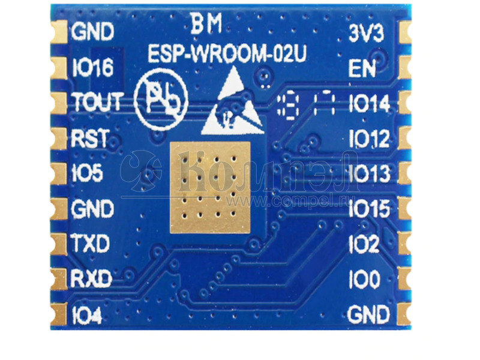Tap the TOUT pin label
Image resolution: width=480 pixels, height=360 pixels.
(x=98, y=103)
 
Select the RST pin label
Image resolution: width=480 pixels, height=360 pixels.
(x=89, y=139)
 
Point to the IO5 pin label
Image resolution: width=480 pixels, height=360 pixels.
(x=87, y=173)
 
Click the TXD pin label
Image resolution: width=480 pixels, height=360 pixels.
(x=90, y=244)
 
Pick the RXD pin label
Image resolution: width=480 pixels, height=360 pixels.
(x=91, y=279)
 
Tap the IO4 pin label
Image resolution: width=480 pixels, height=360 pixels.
(x=86, y=315)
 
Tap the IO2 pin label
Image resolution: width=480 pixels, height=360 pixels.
(x=364, y=244)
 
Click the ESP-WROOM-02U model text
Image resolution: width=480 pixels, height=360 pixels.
(x=227, y=55)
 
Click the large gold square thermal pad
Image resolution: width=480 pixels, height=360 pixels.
(x=209, y=187)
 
